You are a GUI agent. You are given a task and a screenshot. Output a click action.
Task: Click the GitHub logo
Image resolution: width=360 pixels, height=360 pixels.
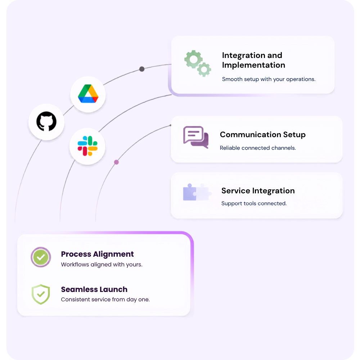tap(46, 121)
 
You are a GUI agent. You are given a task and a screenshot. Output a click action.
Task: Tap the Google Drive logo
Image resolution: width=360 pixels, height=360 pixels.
tap(88, 94)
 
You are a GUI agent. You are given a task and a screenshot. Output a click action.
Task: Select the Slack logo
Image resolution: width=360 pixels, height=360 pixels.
tap(87, 146)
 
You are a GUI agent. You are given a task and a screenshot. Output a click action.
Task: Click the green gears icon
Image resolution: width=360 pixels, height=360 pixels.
tap(197, 63)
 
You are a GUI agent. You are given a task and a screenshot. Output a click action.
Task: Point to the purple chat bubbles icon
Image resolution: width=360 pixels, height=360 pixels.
tap(196, 137)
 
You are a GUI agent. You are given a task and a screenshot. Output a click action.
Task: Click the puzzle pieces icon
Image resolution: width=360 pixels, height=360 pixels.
tap(197, 192)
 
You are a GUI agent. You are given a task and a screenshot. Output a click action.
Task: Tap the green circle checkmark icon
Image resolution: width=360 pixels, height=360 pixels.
tap(41, 257)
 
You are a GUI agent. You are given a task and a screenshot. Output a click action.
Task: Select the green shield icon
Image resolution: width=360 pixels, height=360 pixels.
tap(41, 294)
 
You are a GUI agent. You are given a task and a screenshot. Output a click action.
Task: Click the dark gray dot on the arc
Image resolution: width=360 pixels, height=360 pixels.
tap(142, 69)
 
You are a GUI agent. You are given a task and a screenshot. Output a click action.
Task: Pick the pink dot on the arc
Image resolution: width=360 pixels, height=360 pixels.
tap(116, 162)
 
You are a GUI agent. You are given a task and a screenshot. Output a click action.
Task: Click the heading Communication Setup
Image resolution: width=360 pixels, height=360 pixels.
tap(263, 135)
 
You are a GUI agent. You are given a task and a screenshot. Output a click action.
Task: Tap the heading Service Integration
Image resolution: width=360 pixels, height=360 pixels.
tap(258, 191)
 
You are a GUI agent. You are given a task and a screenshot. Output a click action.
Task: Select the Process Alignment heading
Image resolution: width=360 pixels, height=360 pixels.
tap(97, 254)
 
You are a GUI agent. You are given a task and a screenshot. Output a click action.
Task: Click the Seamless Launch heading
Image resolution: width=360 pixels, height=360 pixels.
tap(94, 289)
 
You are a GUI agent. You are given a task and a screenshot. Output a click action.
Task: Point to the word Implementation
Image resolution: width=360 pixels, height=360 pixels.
tap(253, 65)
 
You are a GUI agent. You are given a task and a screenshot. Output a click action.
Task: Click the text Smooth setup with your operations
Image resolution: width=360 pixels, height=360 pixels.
tap(269, 80)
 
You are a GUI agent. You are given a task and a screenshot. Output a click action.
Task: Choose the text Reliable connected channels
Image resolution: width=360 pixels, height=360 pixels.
tap(258, 148)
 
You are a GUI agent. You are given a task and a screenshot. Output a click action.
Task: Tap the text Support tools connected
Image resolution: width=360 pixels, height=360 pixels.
tap(254, 203)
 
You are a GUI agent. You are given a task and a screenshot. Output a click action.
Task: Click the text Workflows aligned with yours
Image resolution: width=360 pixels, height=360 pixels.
tap(102, 265)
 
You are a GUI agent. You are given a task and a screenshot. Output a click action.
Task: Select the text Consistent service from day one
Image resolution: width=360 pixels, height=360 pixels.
tap(105, 300)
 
